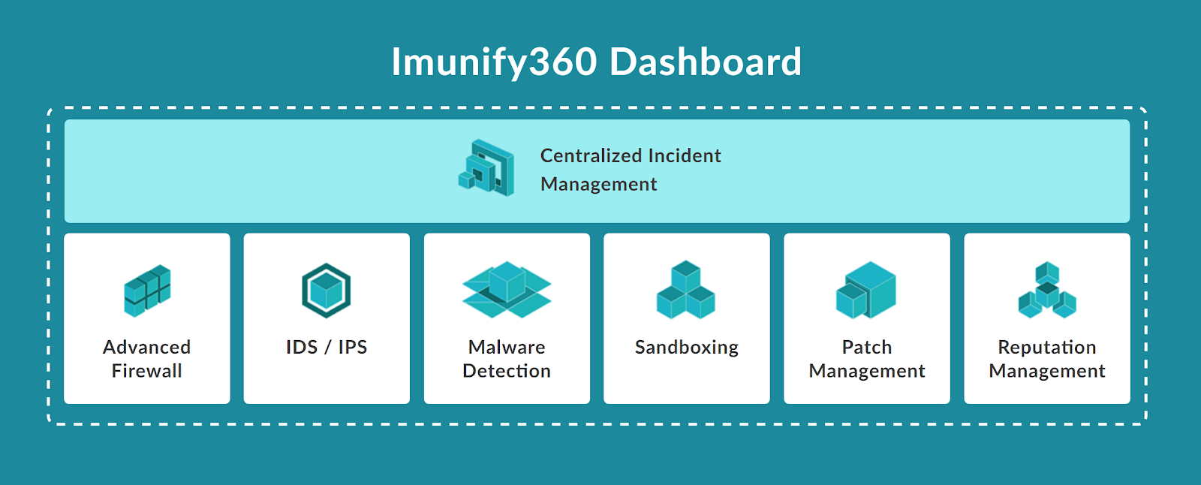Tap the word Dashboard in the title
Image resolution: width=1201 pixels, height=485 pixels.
pos(706,62)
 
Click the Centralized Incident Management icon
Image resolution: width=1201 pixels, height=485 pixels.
pos(486,168)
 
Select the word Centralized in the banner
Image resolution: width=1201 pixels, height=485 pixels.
pos(591,155)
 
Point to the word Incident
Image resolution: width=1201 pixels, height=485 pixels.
pos(685,155)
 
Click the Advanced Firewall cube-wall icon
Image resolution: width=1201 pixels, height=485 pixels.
pos(147,291)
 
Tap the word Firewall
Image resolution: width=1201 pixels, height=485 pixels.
pos(147,371)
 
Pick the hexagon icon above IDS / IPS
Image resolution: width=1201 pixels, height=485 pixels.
pos(326,291)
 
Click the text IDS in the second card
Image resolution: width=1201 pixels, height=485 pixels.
pos(302,347)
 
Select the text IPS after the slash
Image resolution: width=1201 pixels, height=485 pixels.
pos(352,347)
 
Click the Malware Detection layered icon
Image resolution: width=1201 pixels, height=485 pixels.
pos(507,290)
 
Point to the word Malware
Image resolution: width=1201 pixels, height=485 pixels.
pos(507,347)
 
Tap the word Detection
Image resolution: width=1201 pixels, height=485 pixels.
pos(507,371)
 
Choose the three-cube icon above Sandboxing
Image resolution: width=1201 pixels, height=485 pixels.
pos(686,290)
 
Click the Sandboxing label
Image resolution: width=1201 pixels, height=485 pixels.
pos(687,348)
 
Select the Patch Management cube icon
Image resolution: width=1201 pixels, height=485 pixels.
pos(866,290)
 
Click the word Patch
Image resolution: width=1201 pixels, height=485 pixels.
pos(867,347)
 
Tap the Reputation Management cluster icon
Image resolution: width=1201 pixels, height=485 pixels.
pos(1047,291)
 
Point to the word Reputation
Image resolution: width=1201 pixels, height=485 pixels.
pos(1047,348)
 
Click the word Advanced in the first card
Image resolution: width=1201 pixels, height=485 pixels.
pos(147,347)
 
